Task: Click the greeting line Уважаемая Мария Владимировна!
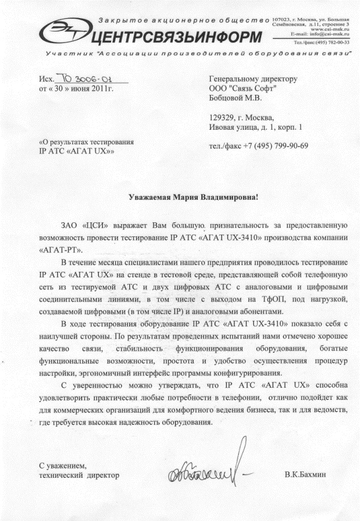tap(193, 197)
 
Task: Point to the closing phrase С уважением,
tap(62, 466)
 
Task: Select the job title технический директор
tap(79, 476)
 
